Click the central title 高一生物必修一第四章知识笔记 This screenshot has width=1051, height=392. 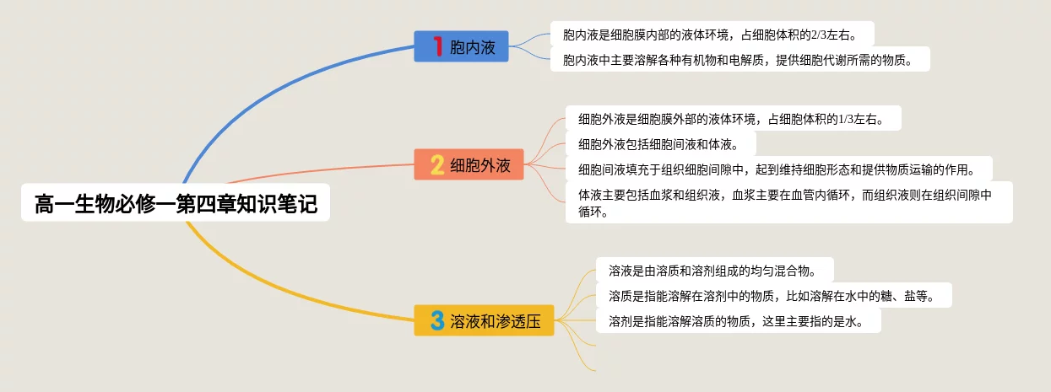pos(176,204)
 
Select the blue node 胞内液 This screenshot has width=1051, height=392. pos(461,46)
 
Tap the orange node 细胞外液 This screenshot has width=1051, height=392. pos(469,164)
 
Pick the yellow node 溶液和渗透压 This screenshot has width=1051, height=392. pos(484,320)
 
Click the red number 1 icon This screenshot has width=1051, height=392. pos(437,46)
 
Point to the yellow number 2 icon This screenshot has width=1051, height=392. pos(437,164)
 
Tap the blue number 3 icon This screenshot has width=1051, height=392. pos(437,320)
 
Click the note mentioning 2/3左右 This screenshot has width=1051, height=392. pos(712,35)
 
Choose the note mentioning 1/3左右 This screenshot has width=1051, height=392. pos(733,119)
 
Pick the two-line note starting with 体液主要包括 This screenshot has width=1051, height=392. pos(788,203)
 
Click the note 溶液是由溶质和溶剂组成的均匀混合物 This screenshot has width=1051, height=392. pos(714,271)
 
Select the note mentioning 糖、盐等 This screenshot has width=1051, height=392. pos(773,296)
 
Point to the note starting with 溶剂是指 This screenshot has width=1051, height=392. pos(738,320)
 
